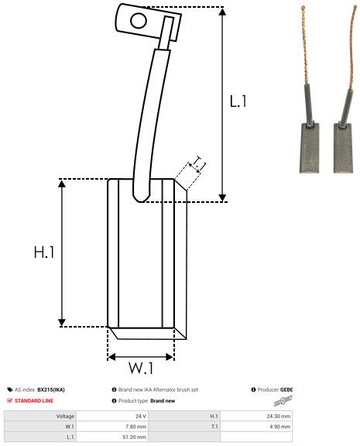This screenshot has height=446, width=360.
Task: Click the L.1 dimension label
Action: click(238, 101)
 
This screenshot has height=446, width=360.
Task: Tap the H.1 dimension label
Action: click(44, 252)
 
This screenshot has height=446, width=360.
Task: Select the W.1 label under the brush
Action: click(141, 368)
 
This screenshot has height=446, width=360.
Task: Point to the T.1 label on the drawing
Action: click(199, 163)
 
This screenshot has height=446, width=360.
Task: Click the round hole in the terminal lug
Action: click(139, 21)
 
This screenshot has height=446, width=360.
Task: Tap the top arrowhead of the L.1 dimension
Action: click(222, 12)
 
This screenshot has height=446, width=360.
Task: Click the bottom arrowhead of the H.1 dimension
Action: click(62, 323)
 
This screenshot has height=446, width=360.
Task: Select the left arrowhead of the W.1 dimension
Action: click(111, 357)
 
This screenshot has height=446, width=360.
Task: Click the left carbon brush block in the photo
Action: click(309, 148)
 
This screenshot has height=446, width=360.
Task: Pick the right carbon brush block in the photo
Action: click(343, 148)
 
